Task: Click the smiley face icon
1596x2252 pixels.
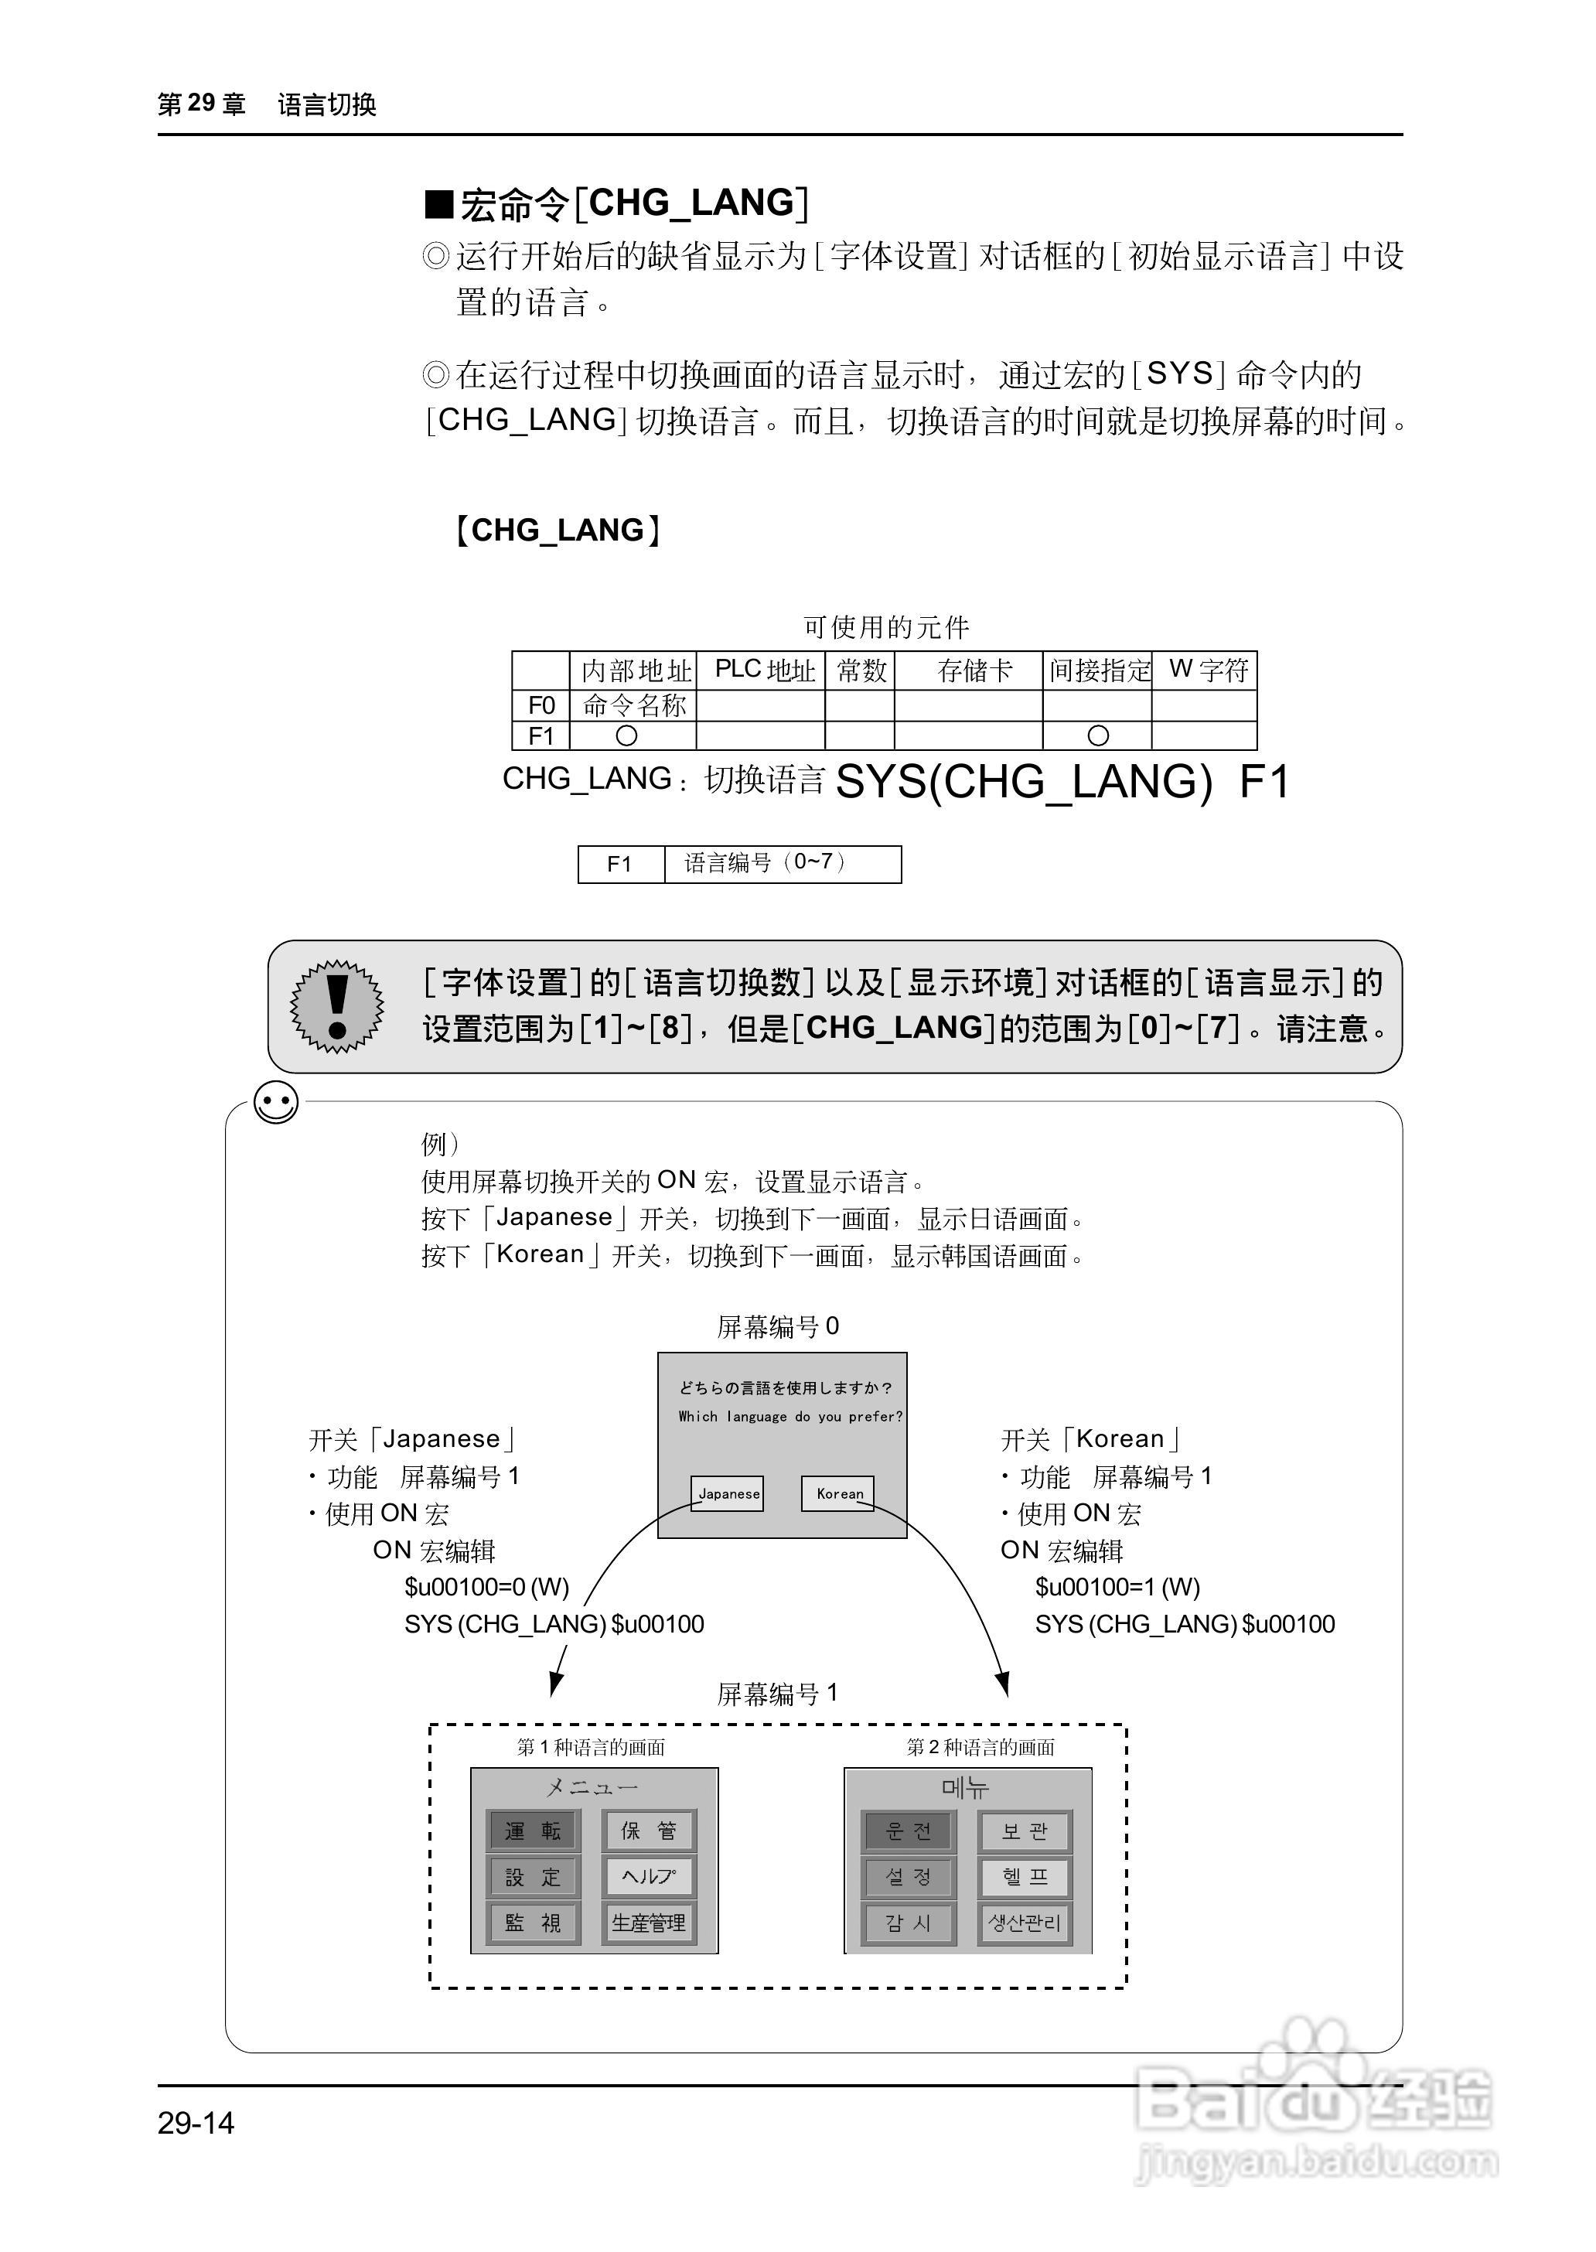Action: (x=276, y=1103)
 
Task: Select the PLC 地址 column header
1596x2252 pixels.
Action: (x=764, y=670)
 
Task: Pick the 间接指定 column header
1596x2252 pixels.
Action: (x=1098, y=670)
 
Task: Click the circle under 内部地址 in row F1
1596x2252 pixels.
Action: (x=626, y=735)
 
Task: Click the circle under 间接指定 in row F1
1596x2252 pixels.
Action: (x=1098, y=735)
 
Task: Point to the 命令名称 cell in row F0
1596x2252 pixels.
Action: (x=634, y=705)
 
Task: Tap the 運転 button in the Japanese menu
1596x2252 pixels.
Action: (x=534, y=1831)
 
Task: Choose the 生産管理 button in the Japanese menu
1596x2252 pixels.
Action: (x=649, y=1922)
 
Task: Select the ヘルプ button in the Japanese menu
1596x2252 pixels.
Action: (x=649, y=1876)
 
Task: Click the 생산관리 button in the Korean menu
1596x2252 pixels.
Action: (x=1024, y=1922)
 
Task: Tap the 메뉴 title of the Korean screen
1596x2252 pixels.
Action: (x=966, y=1787)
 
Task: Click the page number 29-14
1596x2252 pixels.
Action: (x=196, y=2122)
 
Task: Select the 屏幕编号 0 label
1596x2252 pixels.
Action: (x=777, y=1327)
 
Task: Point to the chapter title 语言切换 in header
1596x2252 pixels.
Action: (x=327, y=104)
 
